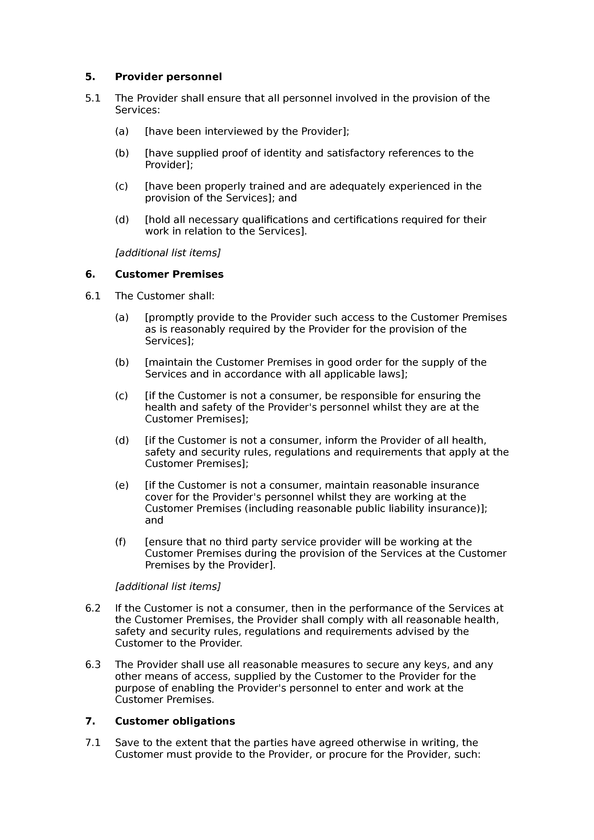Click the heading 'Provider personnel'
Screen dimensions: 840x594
[168, 77]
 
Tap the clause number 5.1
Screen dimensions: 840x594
[93, 99]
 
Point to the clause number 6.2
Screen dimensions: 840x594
[93, 608]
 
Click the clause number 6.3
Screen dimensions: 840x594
[93, 664]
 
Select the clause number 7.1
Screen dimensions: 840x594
[93, 743]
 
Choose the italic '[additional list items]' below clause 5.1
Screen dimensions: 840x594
[168, 253]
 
